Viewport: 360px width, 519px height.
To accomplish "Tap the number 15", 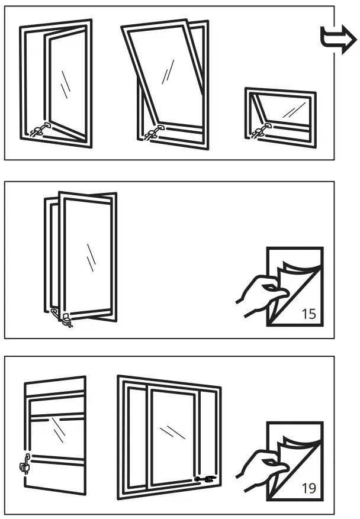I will tap(308, 314).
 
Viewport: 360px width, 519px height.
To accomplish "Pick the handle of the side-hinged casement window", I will tap(40, 131).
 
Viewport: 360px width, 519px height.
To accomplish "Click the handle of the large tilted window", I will tap(155, 132).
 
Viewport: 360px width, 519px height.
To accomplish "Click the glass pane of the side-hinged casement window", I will tap(66, 83).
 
